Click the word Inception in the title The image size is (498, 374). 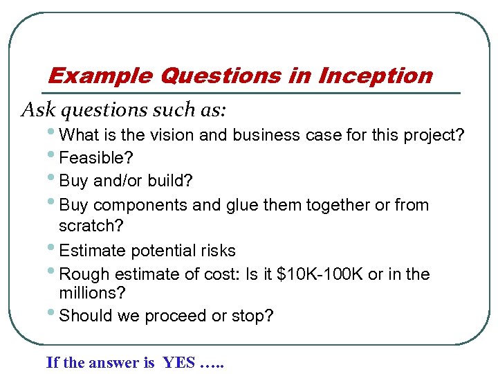point(375,75)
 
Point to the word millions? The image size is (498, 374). point(92,294)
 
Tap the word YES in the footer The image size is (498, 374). point(178,362)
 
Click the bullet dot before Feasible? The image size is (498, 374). point(55,156)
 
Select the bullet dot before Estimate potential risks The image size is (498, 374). point(55,249)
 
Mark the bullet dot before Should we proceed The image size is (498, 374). point(55,314)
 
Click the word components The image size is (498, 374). point(132,205)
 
